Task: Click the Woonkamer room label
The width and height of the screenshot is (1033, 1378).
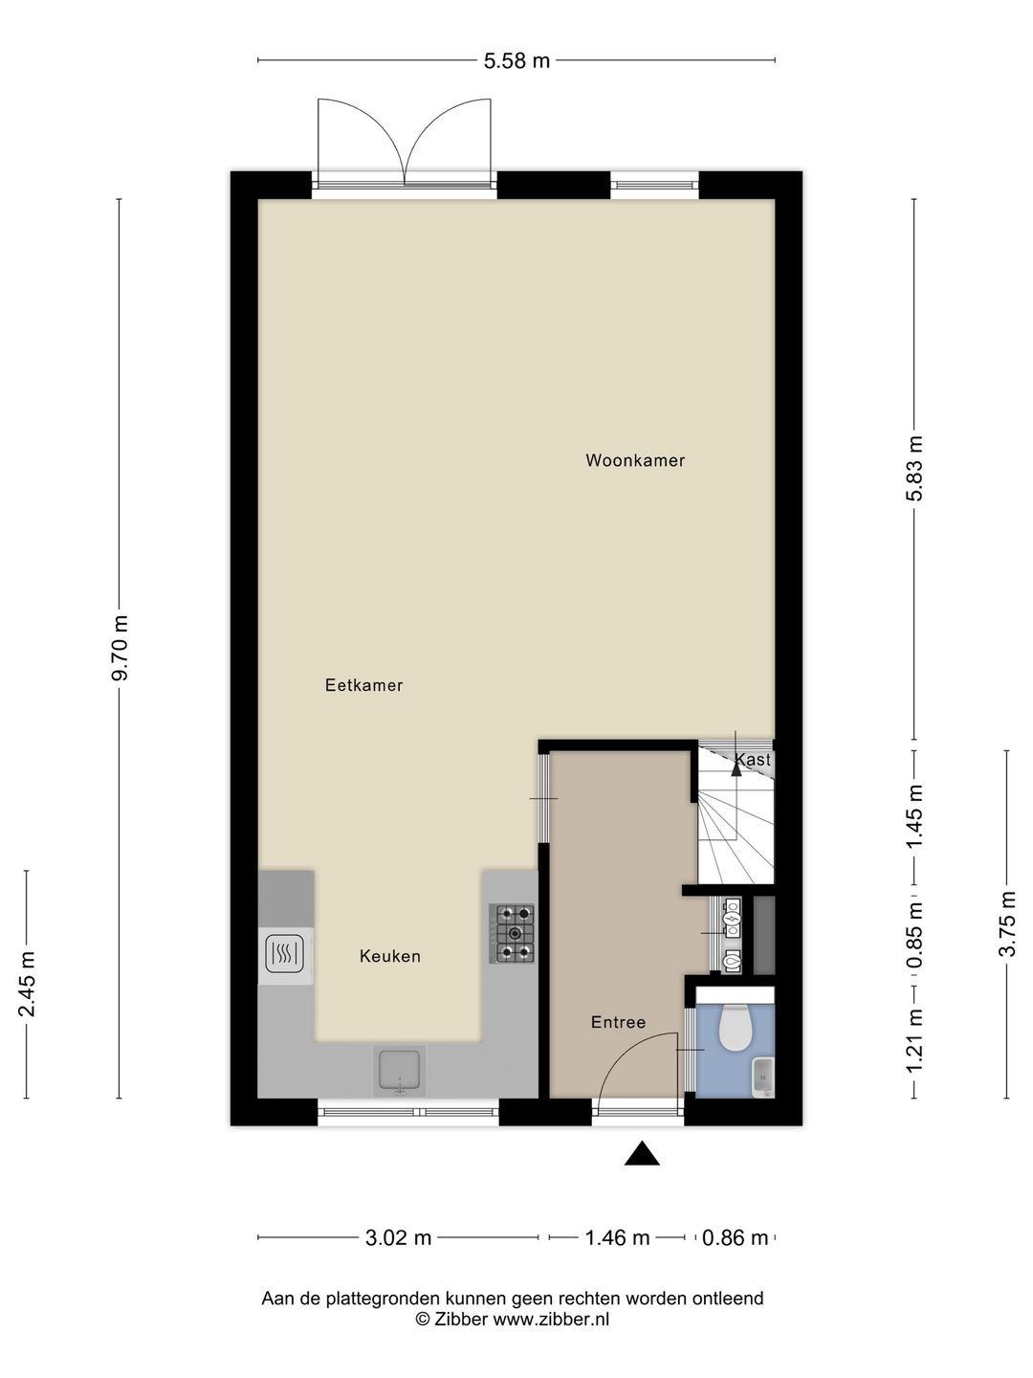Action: (635, 460)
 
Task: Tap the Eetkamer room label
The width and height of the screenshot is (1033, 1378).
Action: (363, 685)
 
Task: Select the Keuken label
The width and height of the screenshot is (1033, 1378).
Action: (389, 956)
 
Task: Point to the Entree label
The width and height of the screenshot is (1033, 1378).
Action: (618, 1022)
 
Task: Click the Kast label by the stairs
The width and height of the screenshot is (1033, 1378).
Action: (753, 760)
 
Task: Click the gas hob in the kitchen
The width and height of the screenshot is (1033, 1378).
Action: (515, 933)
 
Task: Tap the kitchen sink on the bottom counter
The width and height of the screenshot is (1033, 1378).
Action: (401, 1071)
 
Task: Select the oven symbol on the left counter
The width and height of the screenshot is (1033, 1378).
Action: (286, 954)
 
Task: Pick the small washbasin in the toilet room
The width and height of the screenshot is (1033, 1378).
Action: (764, 1076)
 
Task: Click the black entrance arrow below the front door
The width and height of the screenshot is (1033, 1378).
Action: (643, 1155)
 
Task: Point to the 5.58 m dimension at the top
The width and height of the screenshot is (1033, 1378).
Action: (516, 61)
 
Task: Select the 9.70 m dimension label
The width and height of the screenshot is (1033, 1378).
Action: (120, 649)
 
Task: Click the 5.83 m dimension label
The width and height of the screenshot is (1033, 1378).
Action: (915, 469)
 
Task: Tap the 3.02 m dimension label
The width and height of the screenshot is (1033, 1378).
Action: (398, 1237)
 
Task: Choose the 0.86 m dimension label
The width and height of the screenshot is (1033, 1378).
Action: (735, 1237)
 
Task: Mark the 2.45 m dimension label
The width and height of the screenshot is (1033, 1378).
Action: (28, 984)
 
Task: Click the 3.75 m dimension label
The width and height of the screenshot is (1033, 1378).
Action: (1006, 924)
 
